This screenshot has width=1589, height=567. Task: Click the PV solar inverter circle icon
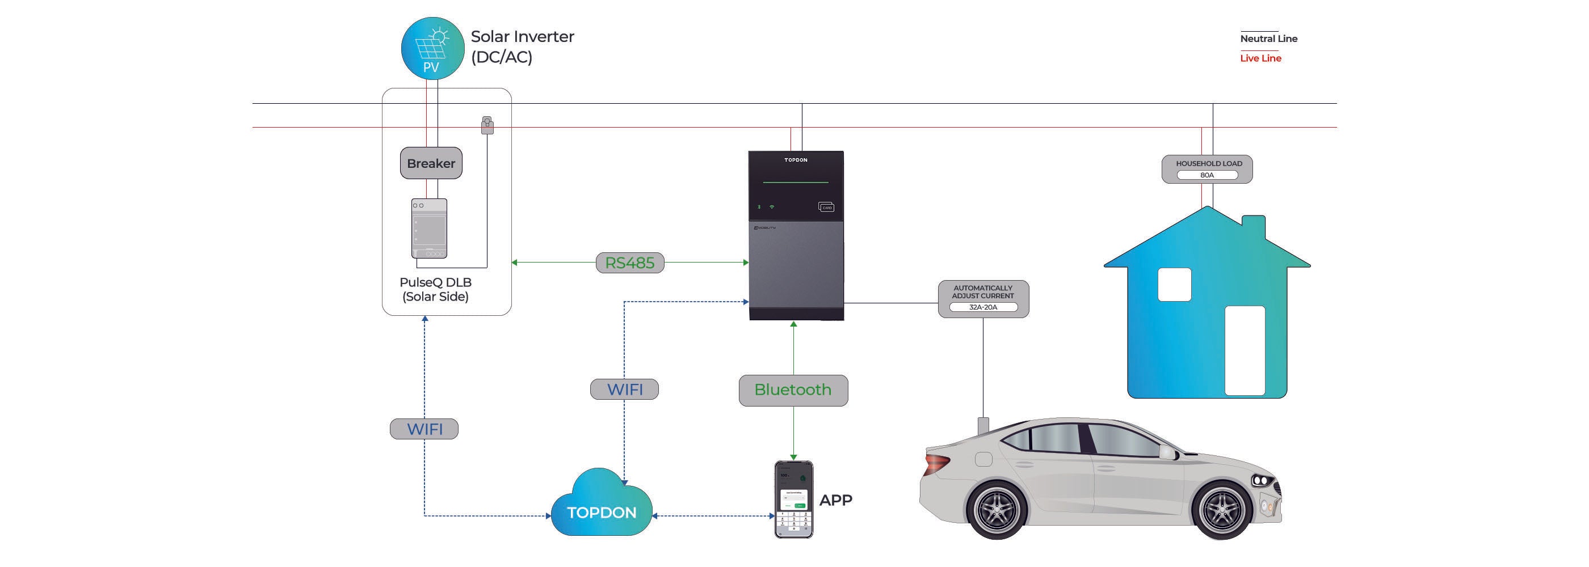pyautogui.click(x=432, y=48)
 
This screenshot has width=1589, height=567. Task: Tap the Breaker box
pyautogui.click(x=431, y=163)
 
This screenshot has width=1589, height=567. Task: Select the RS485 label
pyautogui.click(x=630, y=263)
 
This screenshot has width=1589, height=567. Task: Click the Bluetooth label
pyautogui.click(x=793, y=390)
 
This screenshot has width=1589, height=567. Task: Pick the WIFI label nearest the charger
pyautogui.click(x=624, y=390)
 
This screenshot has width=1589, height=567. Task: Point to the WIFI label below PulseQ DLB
pyautogui.click(x=424, y=429)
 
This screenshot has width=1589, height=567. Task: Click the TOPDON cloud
pyautogui.click(x=602, y=504)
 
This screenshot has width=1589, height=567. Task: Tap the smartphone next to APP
pyautogui.click(x=794, y=499)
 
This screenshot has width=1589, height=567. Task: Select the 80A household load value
pyautogui.click(x=1207, y=175)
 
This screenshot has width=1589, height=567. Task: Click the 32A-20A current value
pyautogui.click(x=983, y=307)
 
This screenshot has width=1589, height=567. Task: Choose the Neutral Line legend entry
pyautogui.click(x=1268, y=38)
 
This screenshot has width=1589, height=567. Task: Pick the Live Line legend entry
pyautogui.click(x=1260, y=58)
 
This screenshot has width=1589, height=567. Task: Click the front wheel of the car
pyautogui.click(x=1221, y=510)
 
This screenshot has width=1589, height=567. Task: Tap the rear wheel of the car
pyautogui.click(x=995, y=510)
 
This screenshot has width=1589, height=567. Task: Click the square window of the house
pyautogui.click(x=1175, y=285)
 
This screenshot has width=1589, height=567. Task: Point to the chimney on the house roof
pyautogui.click(x=1254, y=228)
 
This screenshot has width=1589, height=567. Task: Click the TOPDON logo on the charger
pyautogui.click(x=796, y=160)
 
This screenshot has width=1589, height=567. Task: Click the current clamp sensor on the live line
pyautogui.click(x=487, y=125)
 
